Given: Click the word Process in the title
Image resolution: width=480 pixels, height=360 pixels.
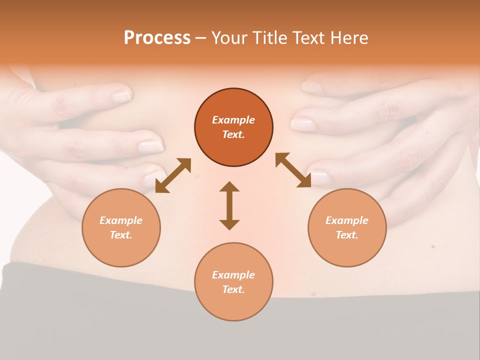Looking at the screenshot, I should coord(157,37).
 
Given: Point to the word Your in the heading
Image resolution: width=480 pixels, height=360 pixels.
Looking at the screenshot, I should coord(230,37).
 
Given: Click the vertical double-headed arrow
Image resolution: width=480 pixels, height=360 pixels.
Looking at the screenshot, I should coord(229,205).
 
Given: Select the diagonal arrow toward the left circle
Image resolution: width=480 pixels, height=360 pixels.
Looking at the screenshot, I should coord(173,175).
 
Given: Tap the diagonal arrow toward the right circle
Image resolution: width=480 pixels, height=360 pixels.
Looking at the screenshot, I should coord(293,170).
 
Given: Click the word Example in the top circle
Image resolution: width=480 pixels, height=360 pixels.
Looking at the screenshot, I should coord(233,120).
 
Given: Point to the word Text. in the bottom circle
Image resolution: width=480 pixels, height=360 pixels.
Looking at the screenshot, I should coord(233,289).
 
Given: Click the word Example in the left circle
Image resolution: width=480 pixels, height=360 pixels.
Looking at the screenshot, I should coord(121,220).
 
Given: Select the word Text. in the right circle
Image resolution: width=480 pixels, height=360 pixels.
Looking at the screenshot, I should coord(347,235).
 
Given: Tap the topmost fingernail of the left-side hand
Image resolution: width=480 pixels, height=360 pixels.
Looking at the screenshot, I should coord(121,96).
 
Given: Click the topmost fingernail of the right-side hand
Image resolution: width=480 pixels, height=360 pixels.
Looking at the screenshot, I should coord(312,87).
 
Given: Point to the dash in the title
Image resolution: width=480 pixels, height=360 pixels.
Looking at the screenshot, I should coord(200,38).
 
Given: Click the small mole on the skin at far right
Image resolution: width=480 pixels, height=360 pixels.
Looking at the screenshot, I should coord(432,246).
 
